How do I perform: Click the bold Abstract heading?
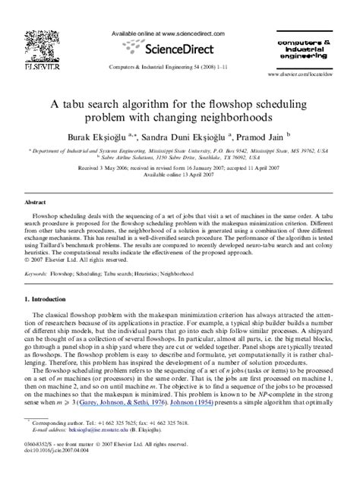[35, 203]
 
